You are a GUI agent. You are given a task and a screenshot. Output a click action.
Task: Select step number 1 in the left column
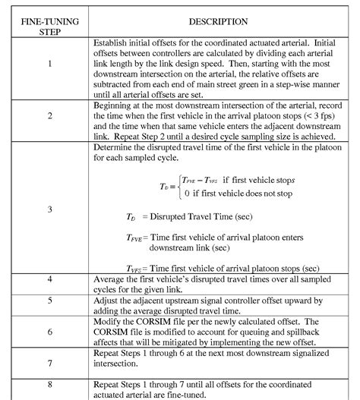click(49, 64)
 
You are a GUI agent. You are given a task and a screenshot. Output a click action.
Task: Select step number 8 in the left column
click(49, 386)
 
